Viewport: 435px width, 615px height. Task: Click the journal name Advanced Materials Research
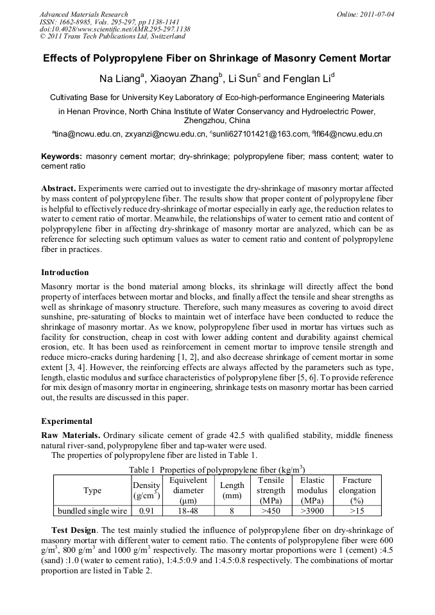click(x=83, y=14)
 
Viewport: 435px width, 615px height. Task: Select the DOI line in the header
click(x=115, y=29)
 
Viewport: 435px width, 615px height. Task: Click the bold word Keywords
click(x=62, y=156)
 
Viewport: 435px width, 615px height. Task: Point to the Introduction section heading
click(x=65, y=273)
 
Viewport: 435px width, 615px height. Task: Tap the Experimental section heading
click(x=67, y=421)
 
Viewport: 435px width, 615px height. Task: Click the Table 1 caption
click(x=217, y=469)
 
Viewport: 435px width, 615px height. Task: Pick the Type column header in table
click(x=92, y=491)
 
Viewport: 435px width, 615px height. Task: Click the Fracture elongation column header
click(x=357, y=491)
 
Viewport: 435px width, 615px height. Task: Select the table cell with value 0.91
click(x=146, y=511)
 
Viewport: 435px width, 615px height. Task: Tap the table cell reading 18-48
click(x=188, y=511)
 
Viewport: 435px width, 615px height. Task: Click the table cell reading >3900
click(x=312, y=511)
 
